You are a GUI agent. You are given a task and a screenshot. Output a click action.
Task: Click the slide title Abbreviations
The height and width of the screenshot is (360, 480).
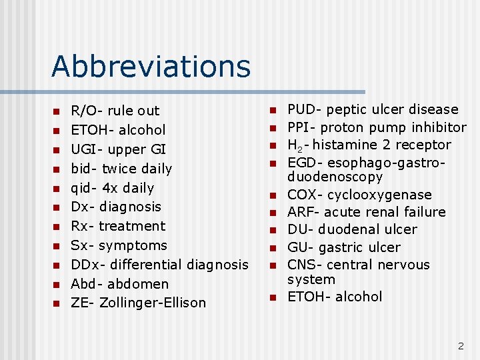(151, 66)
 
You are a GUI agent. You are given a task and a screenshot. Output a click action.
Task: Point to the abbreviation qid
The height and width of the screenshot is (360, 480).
(82, 188)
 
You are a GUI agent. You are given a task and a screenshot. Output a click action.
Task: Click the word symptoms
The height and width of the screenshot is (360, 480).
(137, 245)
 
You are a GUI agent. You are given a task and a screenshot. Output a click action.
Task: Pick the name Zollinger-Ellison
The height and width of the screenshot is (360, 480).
(153, 303)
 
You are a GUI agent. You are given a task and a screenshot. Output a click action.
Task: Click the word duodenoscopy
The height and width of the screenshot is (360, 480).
(335, 177)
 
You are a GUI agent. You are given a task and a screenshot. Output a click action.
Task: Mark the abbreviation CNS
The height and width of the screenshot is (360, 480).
(301, 265)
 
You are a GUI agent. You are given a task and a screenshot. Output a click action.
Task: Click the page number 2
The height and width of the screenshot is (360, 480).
(460, 346)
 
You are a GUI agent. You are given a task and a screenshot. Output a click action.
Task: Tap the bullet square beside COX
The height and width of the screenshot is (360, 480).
(272, 195)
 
